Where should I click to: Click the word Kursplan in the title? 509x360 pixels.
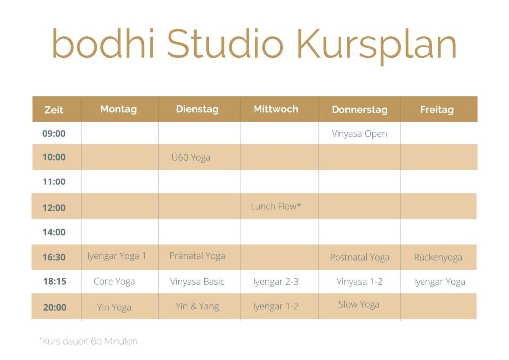(x=377, y=45)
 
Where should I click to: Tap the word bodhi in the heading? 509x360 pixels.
(x=103, y=43)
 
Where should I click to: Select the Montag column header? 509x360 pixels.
(x=118, y=109)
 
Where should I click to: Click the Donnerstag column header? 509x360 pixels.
(x=359, y=110)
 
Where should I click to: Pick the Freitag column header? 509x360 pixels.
(x=436, y=110)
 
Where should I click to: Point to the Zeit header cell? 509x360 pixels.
(x=54, y=110)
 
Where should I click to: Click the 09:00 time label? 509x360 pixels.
(x=54, y=133)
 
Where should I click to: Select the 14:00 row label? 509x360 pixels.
(x=54, y=232)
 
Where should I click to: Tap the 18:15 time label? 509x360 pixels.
(x=55, y=281)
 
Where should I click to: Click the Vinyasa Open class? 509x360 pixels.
(x=359, y=134)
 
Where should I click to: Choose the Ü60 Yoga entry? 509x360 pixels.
(x=191, y=157)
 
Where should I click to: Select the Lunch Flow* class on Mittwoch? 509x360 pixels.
(x=275, y=206)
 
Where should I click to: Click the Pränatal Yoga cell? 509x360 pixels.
(x=197, y=256)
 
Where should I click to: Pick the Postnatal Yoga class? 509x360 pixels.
(x=359, y=257)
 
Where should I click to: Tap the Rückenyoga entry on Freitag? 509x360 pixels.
(x=438, y=257)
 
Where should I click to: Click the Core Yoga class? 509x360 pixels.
(x=114, y=282)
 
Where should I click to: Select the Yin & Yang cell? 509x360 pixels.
(x=197, y=306)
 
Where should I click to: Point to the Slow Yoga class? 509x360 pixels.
(x=359, y=304)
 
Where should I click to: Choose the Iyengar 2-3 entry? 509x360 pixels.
(x=275, y=282)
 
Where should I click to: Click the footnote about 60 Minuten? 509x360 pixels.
(x=88, y=341)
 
